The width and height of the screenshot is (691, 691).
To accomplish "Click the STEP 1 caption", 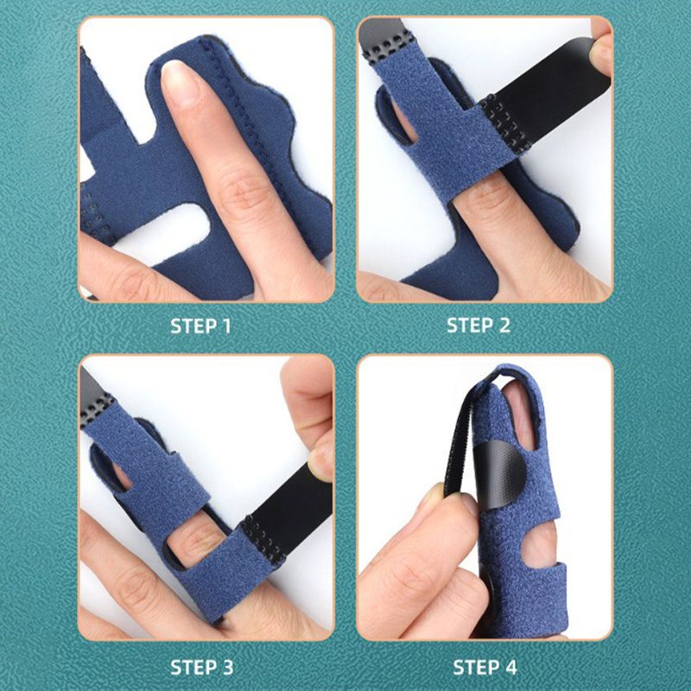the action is tap(200, 326).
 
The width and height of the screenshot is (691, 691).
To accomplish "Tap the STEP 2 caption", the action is tap(479, 326).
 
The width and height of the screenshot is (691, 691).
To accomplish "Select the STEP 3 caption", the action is tap(202, 667).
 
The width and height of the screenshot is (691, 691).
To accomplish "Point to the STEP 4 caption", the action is tap(485, 667).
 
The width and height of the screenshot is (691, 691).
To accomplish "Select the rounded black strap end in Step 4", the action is tap(499, 474).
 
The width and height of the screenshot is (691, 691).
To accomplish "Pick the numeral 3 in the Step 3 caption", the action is tap(227, 667).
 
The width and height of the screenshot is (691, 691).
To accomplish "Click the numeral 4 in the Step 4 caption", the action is tap(510, 667).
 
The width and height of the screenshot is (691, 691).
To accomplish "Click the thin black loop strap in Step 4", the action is tap(459, 441).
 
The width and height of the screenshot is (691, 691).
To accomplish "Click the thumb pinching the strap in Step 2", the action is tap(600, 48).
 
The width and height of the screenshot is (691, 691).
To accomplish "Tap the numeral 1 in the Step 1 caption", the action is tap(226, 326).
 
